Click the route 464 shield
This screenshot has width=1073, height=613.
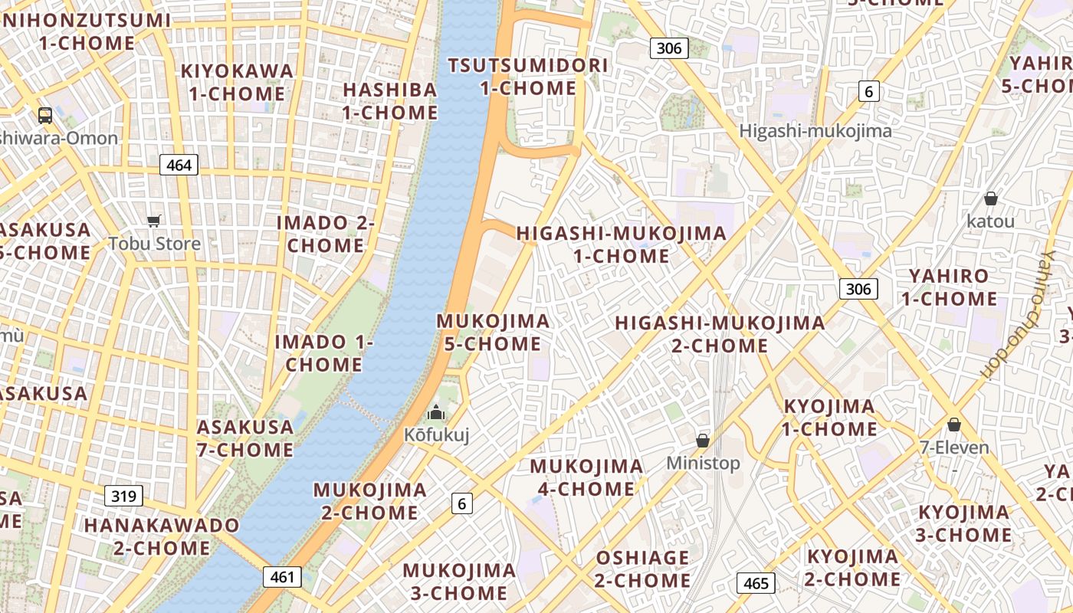coord(179,165)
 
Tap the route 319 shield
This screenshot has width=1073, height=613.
coord(123,496)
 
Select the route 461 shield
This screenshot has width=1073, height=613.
coord(282,577)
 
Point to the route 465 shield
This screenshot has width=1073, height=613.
coord(756,583)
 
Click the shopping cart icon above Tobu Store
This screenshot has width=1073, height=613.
coord(154,221)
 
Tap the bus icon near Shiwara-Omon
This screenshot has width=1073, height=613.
coord(45,116)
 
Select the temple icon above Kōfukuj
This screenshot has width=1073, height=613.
coord(436,413)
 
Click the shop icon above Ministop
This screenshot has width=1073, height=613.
coord(703,441)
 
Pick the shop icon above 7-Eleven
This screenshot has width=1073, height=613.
coord(954,425)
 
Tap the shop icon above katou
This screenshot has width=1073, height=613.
coord(991,198)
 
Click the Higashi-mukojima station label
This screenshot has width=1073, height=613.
coord(815,131)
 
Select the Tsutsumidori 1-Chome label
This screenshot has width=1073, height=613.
coord(528,77)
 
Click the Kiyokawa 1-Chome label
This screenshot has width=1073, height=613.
coord(237,83)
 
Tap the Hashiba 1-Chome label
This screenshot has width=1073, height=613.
coord(390,101)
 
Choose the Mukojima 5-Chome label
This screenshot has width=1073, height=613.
coord(493,333)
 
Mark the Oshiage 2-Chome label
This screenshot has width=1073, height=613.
coord(642,569)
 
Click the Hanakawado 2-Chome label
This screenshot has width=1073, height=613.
coord(162,536)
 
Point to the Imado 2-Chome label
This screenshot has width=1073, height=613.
coord(326,234)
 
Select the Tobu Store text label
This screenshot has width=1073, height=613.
coord(154,244)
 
